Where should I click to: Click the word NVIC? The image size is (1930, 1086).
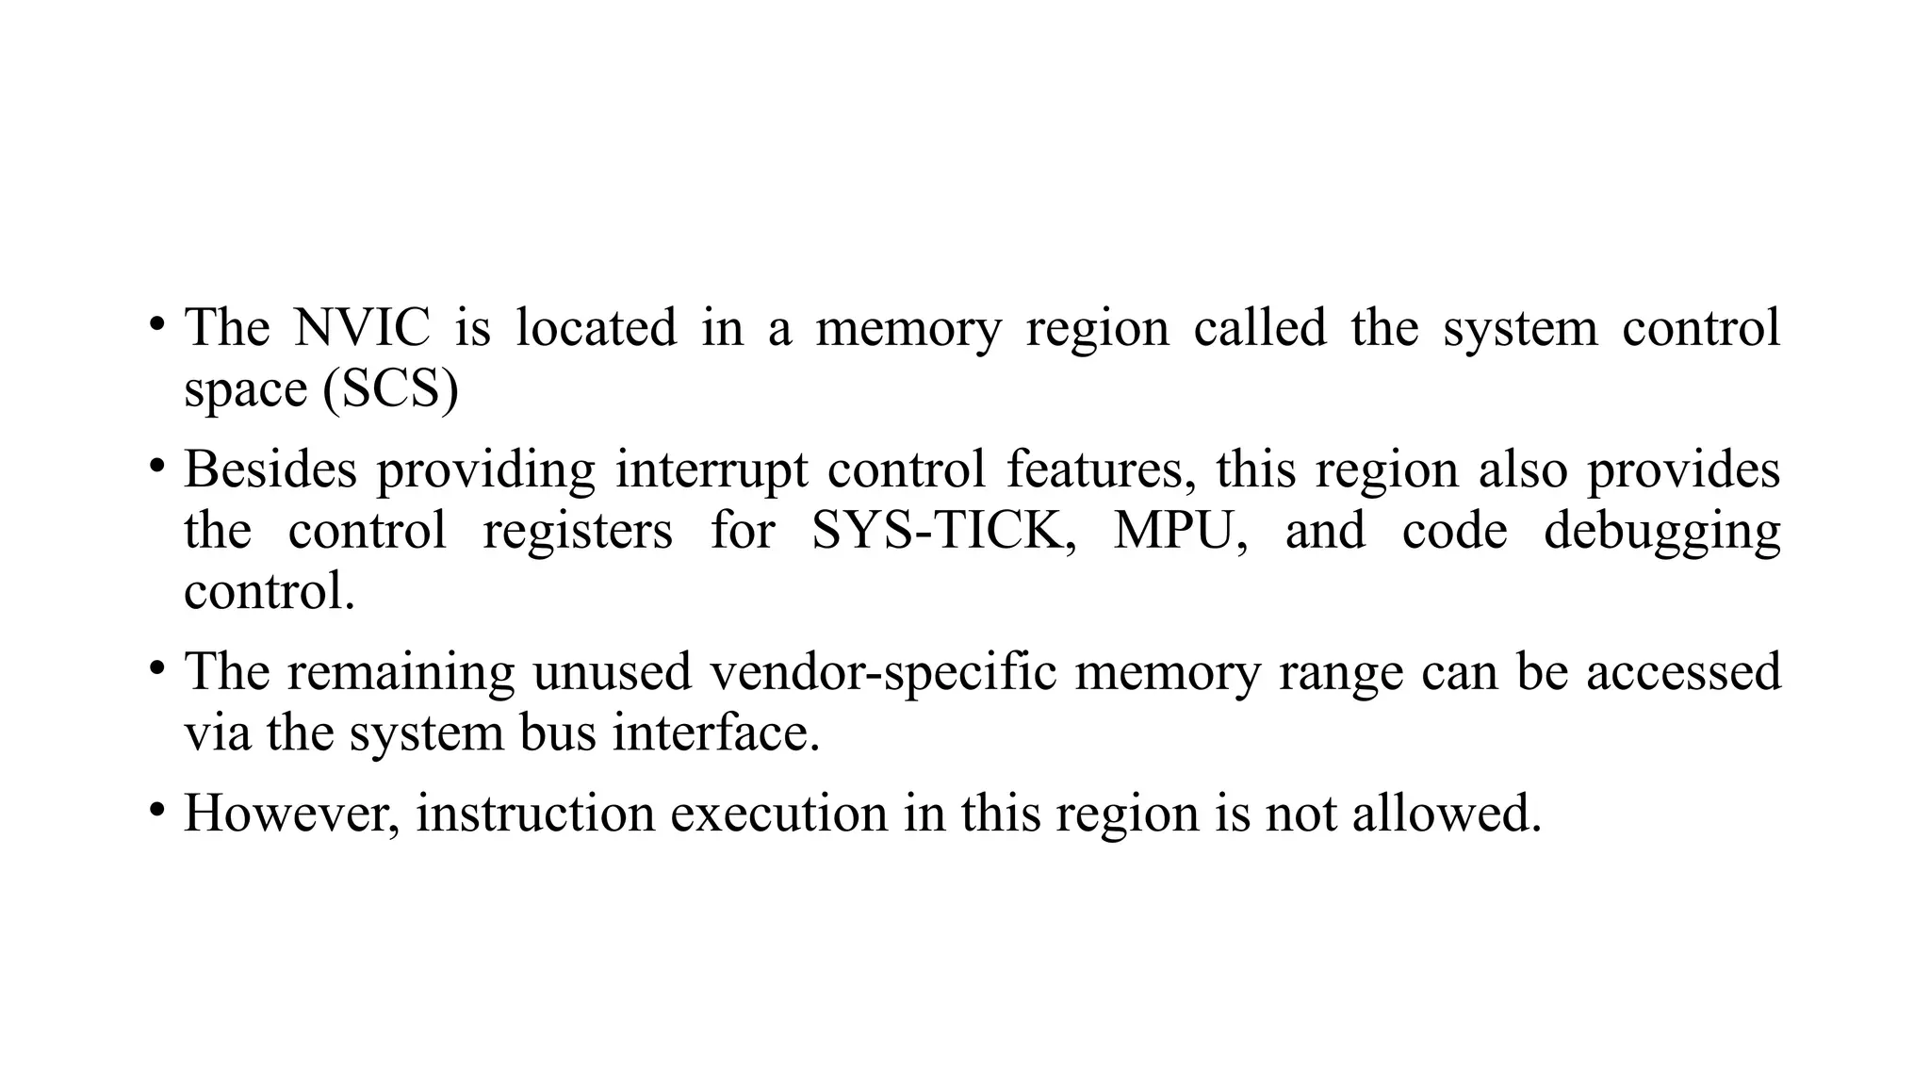pos(362,328)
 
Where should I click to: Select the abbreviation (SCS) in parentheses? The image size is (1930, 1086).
pos(390,389)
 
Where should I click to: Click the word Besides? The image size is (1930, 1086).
pos(270,469)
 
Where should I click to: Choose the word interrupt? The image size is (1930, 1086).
pos(711,469)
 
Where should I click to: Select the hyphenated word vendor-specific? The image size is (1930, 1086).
pos(883,672)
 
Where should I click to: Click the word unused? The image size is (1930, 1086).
pos(613,672)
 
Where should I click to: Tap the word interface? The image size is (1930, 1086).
pos(716,733)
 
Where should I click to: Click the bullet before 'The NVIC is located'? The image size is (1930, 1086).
pos(156,325)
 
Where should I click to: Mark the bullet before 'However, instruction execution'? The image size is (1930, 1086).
pos(156,810)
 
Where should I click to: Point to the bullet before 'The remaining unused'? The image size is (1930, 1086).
pos(156,669)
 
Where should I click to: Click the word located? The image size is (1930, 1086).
pos(596,328)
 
